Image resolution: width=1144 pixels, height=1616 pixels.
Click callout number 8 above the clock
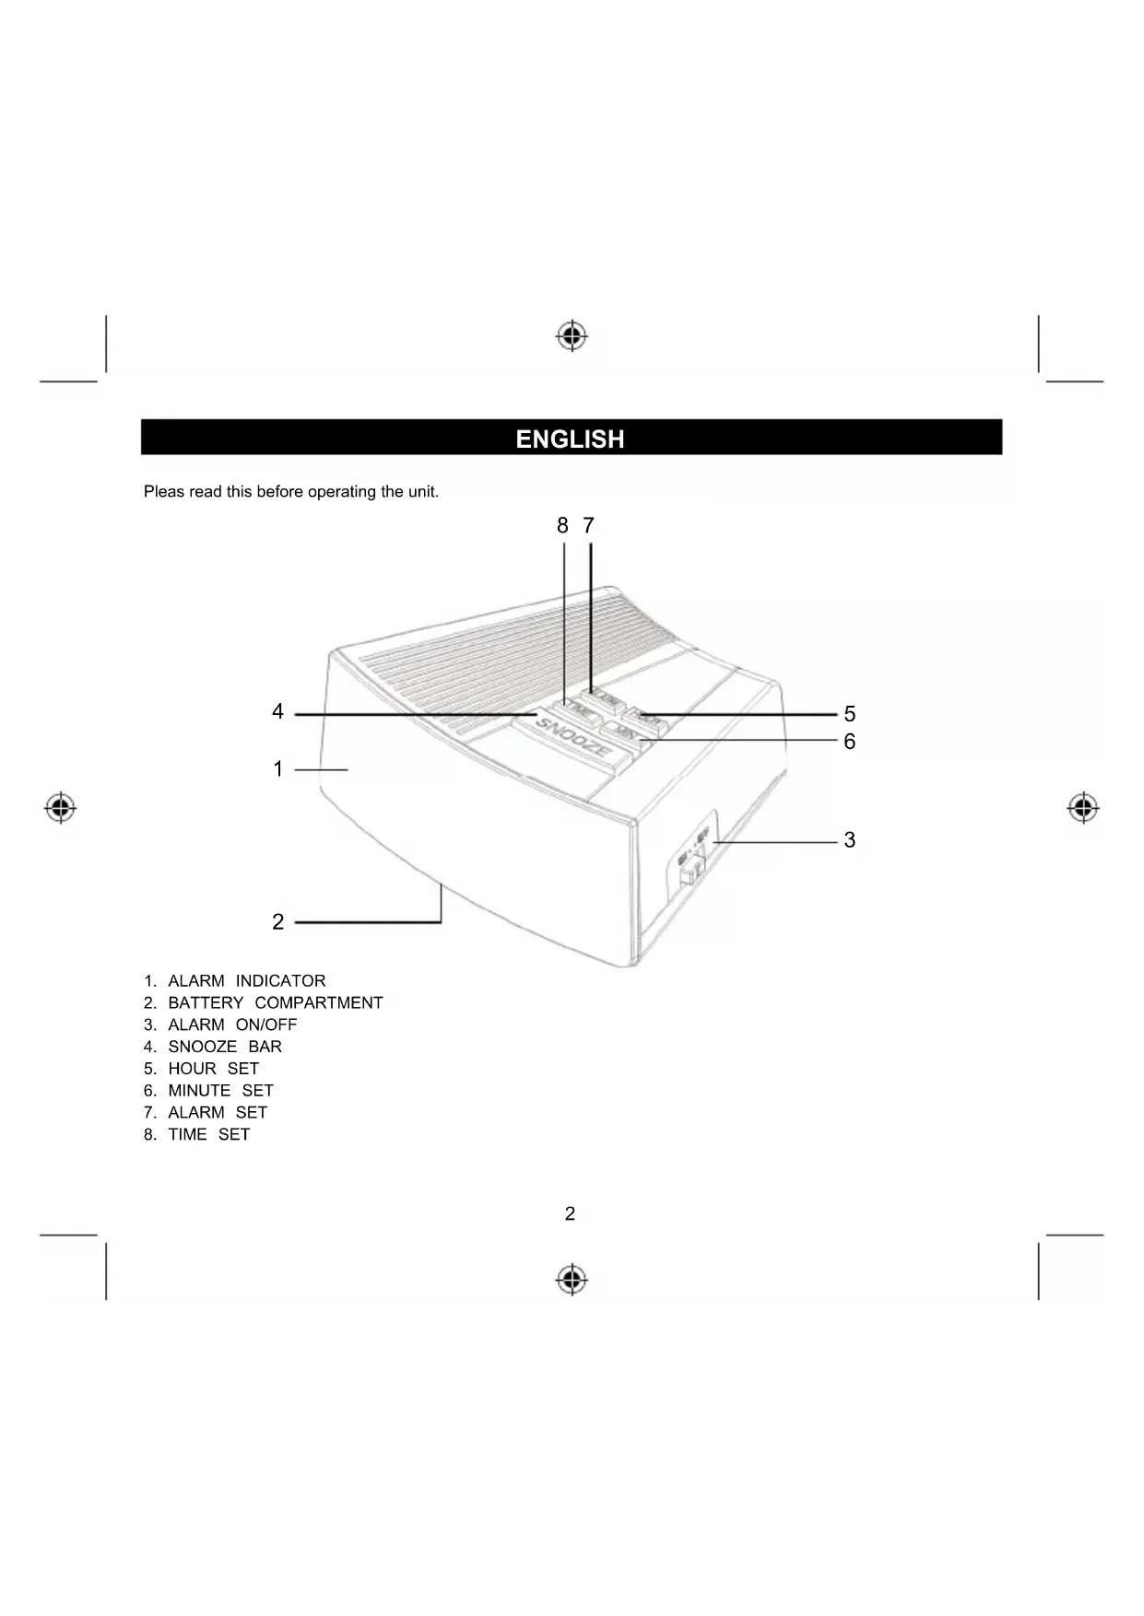[x=562, y=526]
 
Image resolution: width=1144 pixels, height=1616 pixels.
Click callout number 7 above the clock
[x=589, y=526]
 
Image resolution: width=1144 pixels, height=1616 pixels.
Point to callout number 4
[x=277, y=712]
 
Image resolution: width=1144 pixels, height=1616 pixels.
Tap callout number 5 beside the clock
[x=849, y=715]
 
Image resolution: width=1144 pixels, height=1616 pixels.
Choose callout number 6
[x=849, y=742]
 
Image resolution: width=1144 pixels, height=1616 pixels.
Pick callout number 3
[x=849, y=840]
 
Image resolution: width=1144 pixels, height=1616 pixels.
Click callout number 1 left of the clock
[x=278, y=769]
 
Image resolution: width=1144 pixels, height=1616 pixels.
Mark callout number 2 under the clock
[x=278, y=922]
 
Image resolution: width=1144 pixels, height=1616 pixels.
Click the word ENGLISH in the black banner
[x=570, y=439]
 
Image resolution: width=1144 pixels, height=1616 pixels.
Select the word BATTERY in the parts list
[x=206, y=1003]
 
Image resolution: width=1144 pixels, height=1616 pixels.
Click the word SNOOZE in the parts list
[x=202, y=1048]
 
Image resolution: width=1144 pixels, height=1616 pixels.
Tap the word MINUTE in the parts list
[x=199, y=1091]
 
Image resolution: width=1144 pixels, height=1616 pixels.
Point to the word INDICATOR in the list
[x=280, y=981]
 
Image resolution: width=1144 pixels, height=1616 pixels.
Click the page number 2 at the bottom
[x=570, y=1214]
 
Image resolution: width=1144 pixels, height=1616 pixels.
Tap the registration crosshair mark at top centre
[x=572, y=336]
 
